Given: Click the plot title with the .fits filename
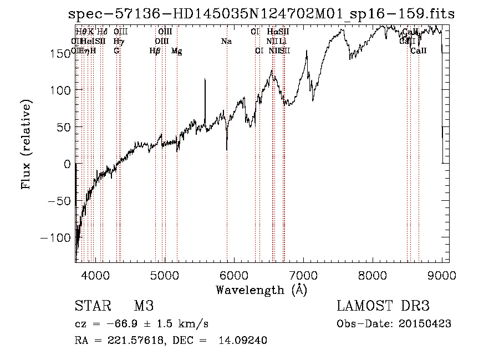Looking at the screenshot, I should pyautogui.click(x=261, y=14).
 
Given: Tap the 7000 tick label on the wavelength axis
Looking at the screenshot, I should pyautogui.click(x=303, y=275).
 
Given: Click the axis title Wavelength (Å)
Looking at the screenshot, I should pyautogui.click(x=261, y=290).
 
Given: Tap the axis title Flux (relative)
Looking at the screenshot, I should pyautogui.click(x=27, y=144).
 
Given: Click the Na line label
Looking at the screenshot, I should pyautogui.click(x=226, y=41).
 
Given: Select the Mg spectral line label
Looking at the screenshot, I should pyautogui.click(x=176, y=51).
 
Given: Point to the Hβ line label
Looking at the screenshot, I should pyautogui.click(x=155, y=51).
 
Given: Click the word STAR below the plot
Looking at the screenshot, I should pyautogui.click(x=91, y=306).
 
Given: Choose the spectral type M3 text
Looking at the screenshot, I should pyautogui.click(x=144, y=306).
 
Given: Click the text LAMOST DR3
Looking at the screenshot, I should pyautogui.click(x=383, y=306).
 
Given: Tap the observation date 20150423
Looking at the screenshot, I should pyautogui.click(x=427, y=324).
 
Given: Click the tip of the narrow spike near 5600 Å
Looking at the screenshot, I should pyautogui.click(x=205, y=79).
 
